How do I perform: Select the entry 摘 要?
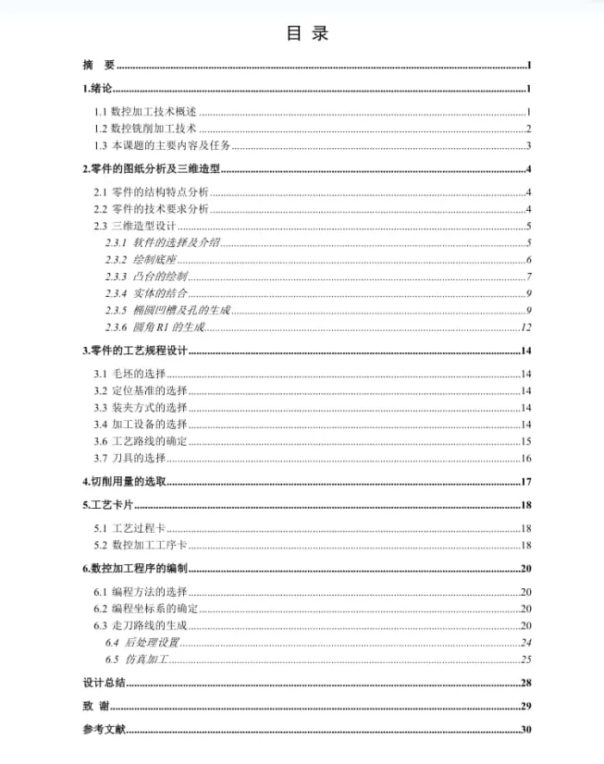point(98,65)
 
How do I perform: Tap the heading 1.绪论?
point(97,89)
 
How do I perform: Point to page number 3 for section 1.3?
point(527,146)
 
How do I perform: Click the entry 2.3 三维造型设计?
point(134,226)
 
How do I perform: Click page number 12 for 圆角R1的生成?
point(525,327)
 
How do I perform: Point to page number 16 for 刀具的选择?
point(524,458)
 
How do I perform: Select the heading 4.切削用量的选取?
point(124,482)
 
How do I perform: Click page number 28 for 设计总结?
point(524,684)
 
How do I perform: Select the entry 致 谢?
point(96,707)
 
